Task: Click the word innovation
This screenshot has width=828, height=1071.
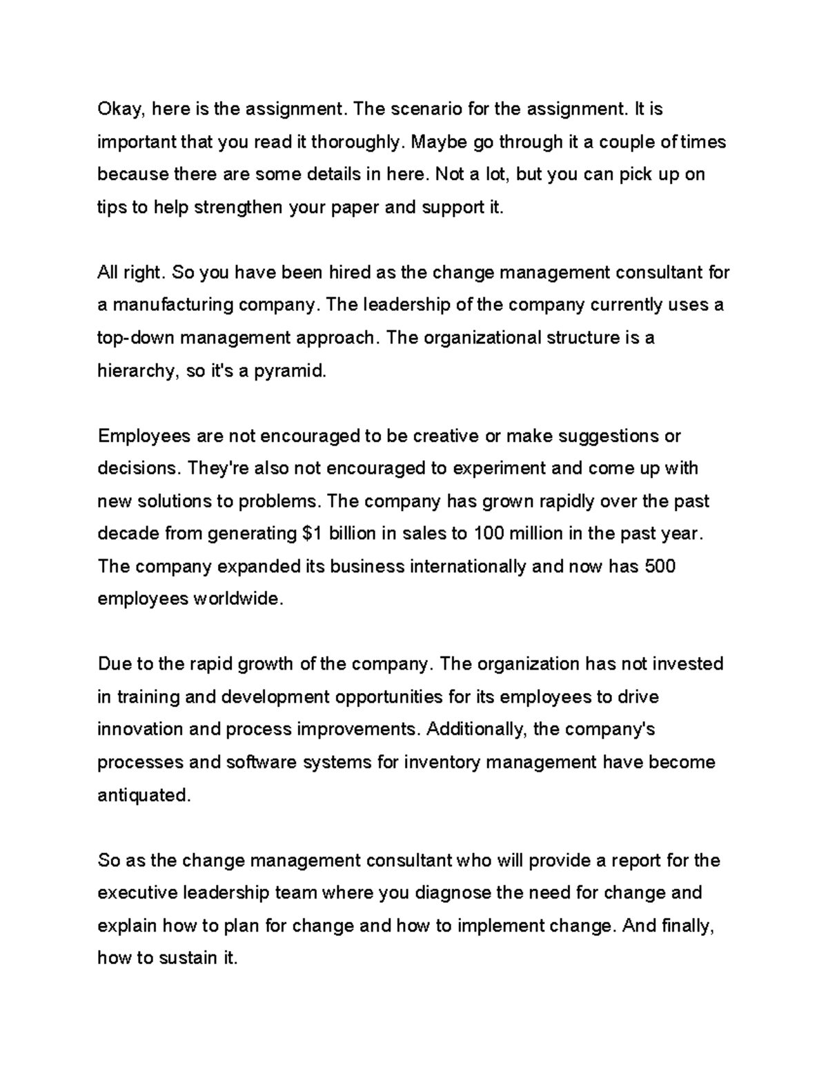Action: coord(140,730)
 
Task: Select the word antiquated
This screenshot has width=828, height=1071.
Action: coord(143,795)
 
